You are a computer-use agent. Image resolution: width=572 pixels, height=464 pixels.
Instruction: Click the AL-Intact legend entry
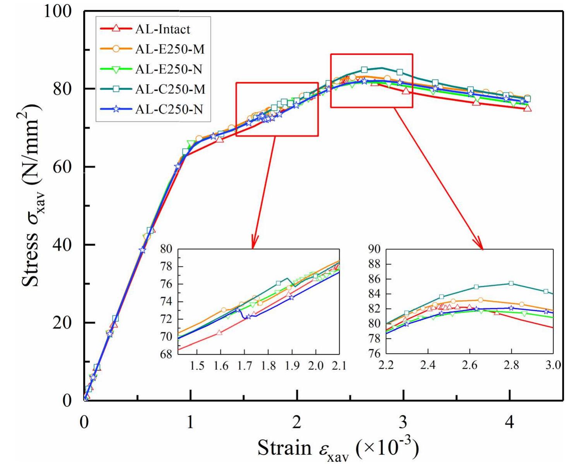point(162,29)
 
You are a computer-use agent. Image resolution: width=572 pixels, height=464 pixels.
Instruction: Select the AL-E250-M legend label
point(170,49)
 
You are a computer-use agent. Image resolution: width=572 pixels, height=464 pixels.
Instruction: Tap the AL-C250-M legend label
point(170,89)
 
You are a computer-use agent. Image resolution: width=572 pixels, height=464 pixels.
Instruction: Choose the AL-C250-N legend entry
point(169,109)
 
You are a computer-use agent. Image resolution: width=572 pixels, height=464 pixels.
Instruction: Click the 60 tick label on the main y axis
point(62,167)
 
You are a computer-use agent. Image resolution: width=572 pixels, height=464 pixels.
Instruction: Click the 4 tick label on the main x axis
point(509,422)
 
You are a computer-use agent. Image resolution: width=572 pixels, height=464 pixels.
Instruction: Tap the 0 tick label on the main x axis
point(84,422)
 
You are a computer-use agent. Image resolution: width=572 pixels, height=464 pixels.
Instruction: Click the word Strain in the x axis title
point(284,448)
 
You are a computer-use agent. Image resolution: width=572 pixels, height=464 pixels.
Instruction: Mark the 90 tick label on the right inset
point(374,249)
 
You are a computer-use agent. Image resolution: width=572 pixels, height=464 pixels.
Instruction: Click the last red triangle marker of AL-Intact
point(527,108)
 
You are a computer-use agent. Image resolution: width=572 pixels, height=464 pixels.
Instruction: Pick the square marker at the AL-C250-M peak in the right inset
point(511,283)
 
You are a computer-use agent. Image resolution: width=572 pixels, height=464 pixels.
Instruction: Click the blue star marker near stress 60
point(178,166)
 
